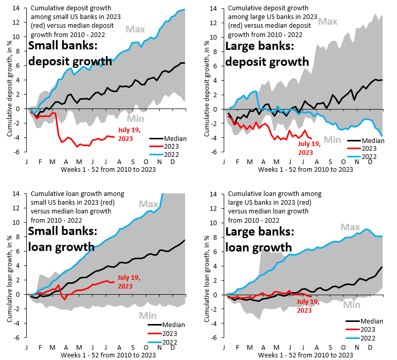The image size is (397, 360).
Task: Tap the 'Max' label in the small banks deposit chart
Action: [x=136, y=29]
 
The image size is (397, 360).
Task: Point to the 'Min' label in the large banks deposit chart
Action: [x=332, y=139]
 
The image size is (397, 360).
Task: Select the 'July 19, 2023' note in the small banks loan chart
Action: [x=129, y=281]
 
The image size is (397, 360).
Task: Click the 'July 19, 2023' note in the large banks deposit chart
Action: [x=309, y=148]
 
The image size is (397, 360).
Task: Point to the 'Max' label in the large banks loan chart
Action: [x=350, y=227]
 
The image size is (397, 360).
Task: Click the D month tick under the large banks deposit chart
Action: [x=370, y=161]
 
